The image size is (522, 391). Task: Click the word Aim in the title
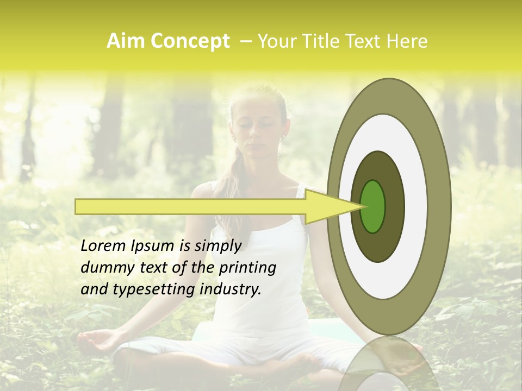(x=121, y=41)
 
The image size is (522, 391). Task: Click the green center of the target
(x=373, y=206)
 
